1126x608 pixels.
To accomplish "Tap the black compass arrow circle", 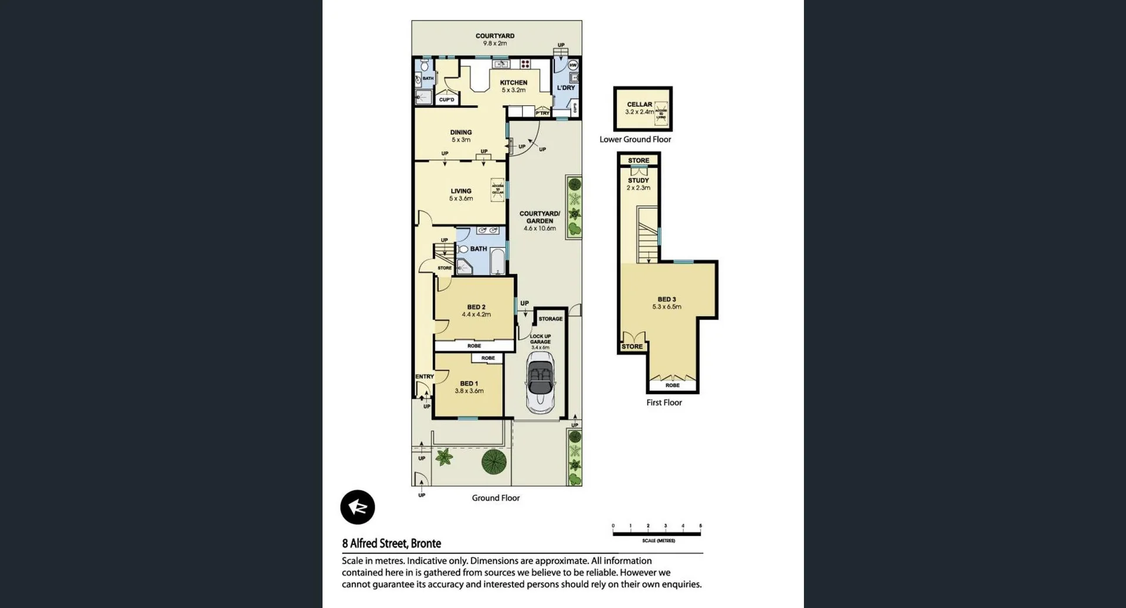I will (x=357, y=507).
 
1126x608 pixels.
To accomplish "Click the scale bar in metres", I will (x=656, y=534).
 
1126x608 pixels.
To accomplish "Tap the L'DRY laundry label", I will (x=565, y=88).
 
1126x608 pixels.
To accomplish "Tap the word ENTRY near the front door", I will (x=425, y=376).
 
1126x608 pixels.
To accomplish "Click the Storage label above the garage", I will (x=550, y=319).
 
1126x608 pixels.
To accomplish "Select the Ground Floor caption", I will (x=496, y=498).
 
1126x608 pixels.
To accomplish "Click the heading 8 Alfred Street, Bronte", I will (x=391, y=544).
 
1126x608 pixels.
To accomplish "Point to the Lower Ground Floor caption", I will (x=635, y=140).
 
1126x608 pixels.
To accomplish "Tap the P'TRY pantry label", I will (x=542, y=113).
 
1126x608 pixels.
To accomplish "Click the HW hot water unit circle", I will (x=573, y=65).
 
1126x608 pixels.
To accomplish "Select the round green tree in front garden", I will (x=494, y=462).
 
